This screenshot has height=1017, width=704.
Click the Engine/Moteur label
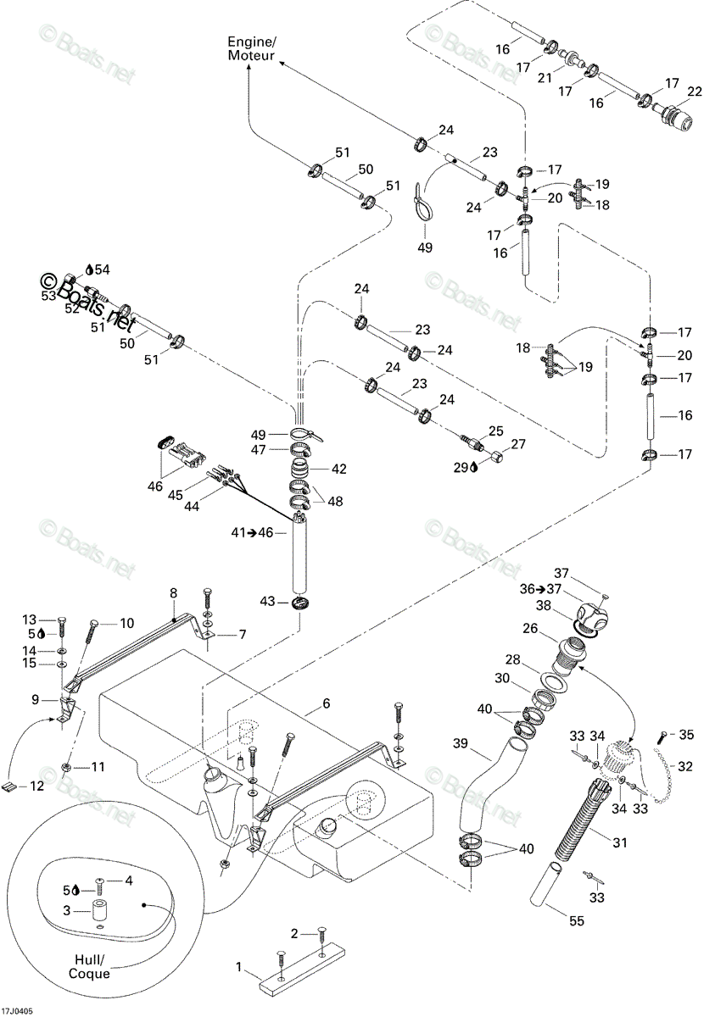pos(251,48)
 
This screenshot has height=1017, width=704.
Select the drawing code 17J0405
pos(16,1009)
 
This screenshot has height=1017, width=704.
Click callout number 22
pos(695,92)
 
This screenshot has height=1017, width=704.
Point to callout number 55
pos(577,920)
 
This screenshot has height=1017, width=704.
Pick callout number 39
pos(461,744)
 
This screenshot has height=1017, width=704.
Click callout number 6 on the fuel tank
pos(327,703)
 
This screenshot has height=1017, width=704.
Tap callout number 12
pos(36,785)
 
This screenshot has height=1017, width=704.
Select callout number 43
pos(267,601)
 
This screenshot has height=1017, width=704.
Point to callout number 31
pos(620,842)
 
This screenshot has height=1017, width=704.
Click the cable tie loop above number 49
pos(423,203)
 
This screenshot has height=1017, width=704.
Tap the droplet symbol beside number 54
pos(90,270)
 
